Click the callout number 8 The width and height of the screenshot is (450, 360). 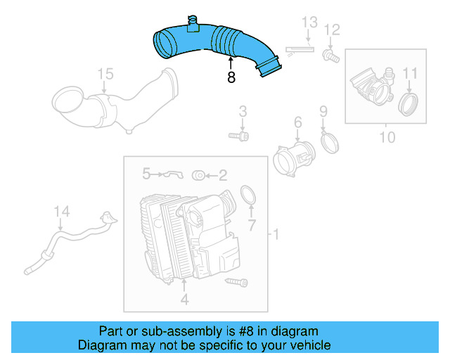(231, 78)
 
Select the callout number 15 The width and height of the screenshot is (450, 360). (105, 74)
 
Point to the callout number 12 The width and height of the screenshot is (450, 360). (332, 30)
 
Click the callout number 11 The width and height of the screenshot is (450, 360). (410, 73)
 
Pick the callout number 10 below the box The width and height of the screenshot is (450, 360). (387, 137)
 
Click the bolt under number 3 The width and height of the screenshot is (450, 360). (238, 135)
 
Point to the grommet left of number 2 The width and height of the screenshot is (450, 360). (199, 174)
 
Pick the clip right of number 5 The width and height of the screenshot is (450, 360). (172, 174)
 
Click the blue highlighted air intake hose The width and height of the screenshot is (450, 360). (211, 44)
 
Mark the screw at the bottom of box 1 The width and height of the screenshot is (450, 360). (237, 282)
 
